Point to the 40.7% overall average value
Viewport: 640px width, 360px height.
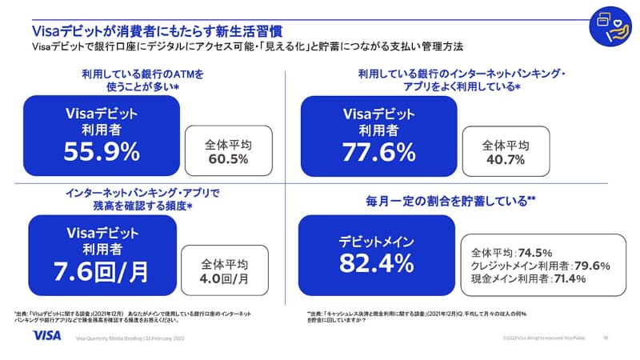pos(505,159)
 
